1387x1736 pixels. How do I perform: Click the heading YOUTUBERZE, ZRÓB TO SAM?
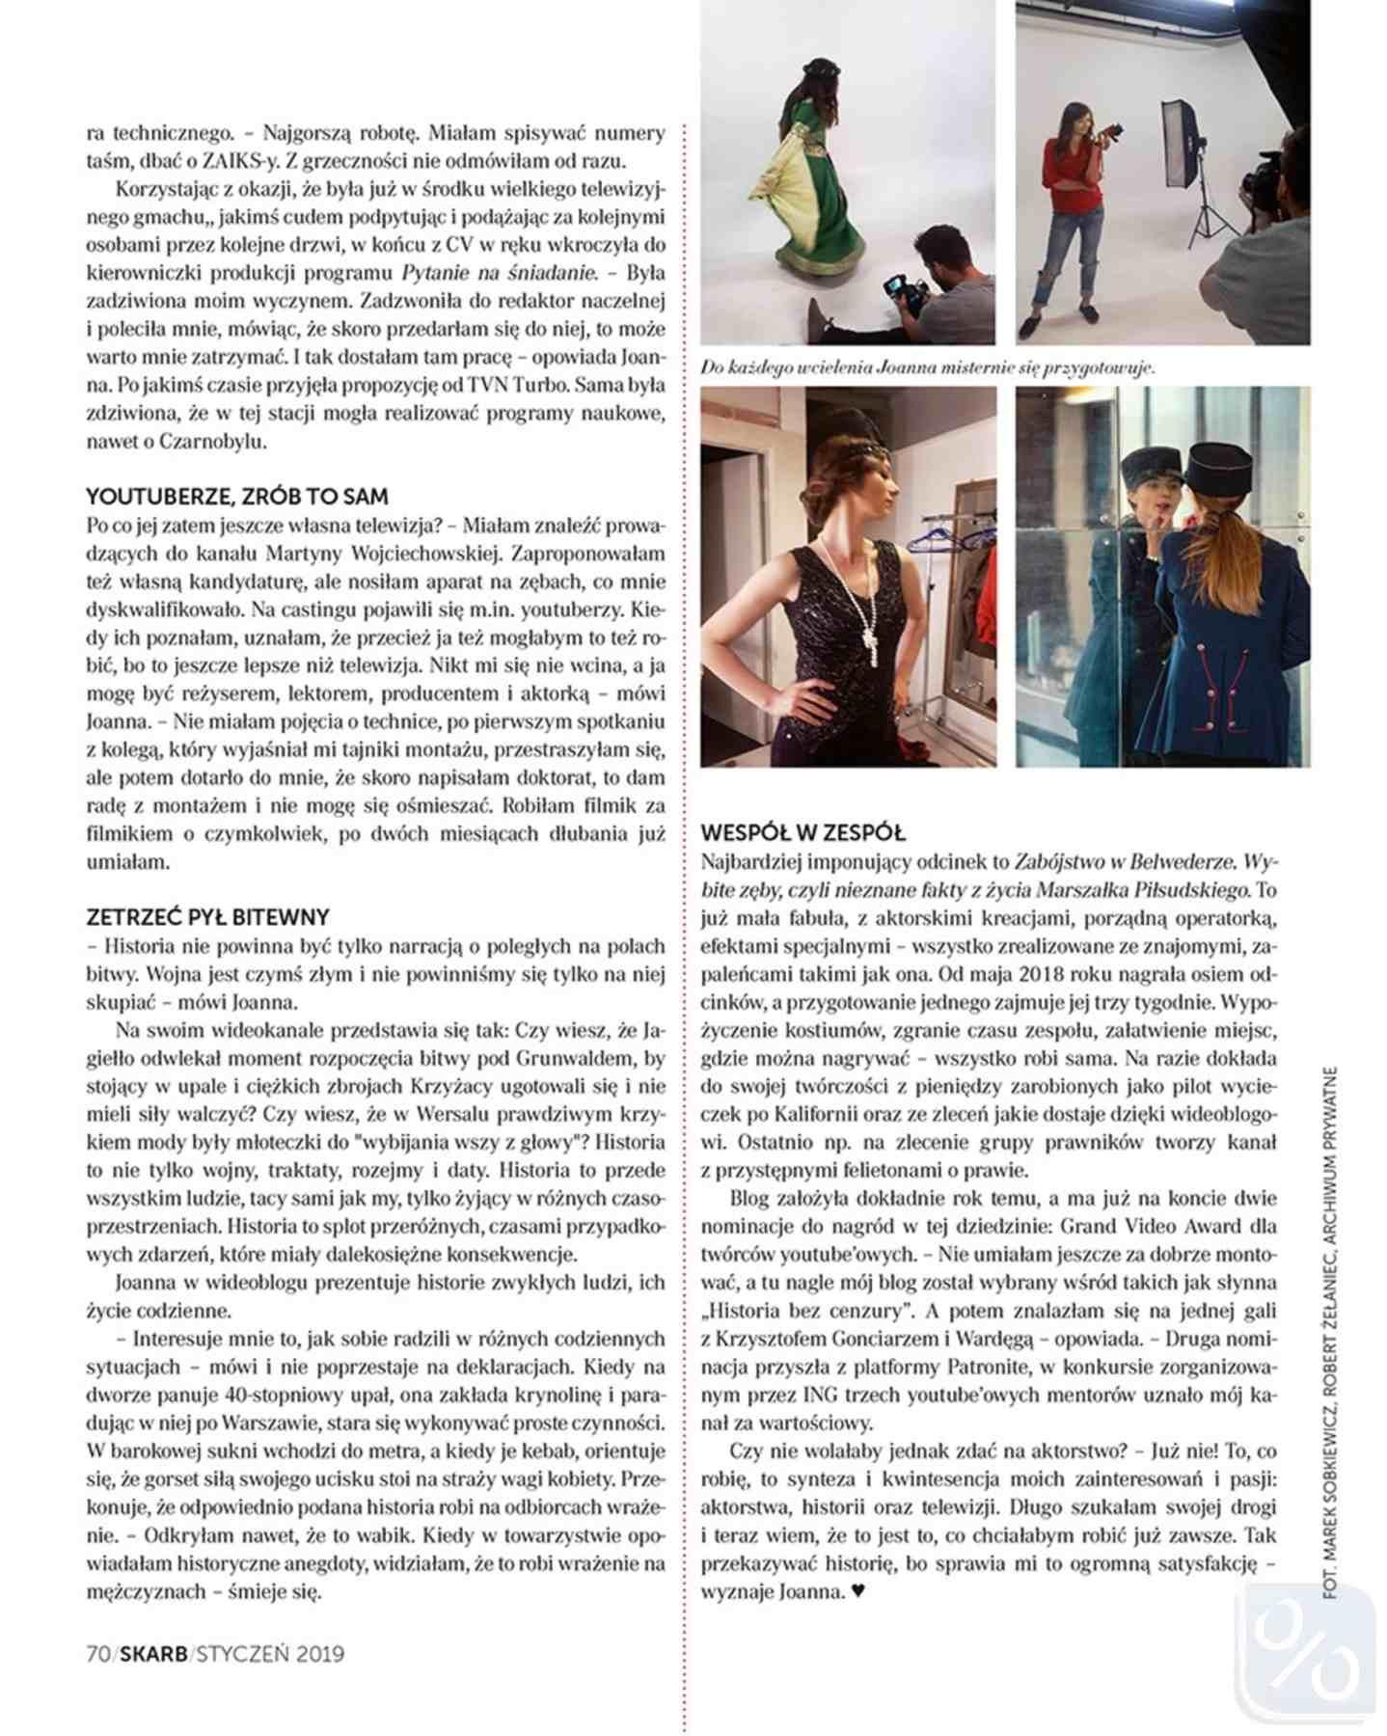pos(237,497)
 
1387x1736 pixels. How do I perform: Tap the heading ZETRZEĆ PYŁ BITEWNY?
pos(207,916)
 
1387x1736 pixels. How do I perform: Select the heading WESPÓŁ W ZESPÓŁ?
pos(802,832)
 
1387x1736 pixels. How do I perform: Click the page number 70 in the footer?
pos(98,1653)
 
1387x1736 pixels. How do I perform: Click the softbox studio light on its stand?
pos(1183,145)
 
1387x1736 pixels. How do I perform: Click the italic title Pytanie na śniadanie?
pos(500,273)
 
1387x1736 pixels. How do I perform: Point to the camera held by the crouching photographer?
pos(904,289)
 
